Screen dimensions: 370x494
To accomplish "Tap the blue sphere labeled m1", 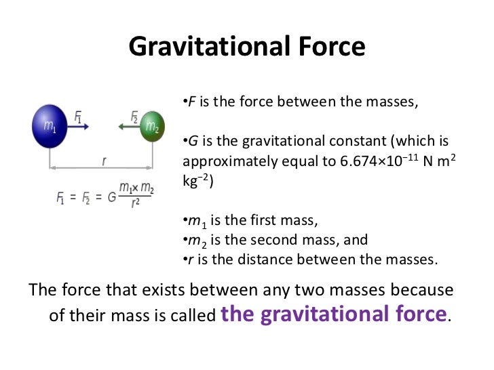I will click(x=50, y=126).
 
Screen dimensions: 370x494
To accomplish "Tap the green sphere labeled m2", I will click(x=152, y=127).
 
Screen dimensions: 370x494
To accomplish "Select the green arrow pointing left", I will click(x=128, y=126).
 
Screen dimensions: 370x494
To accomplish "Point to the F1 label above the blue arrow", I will click(x=79, y=117).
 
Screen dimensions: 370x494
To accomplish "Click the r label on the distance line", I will click(x=103, y=162).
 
